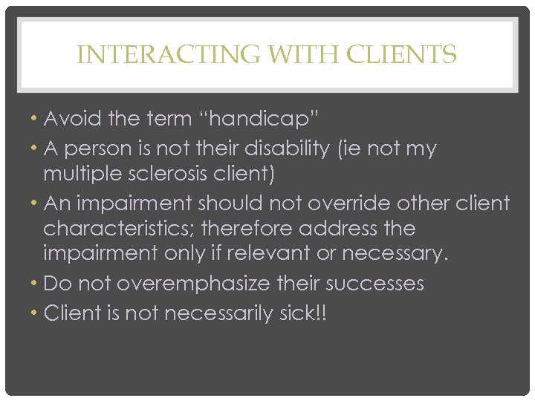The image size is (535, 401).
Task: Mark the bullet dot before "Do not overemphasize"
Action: click(x=36, y=284)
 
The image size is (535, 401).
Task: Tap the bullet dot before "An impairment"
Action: click(x=36, y=203)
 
